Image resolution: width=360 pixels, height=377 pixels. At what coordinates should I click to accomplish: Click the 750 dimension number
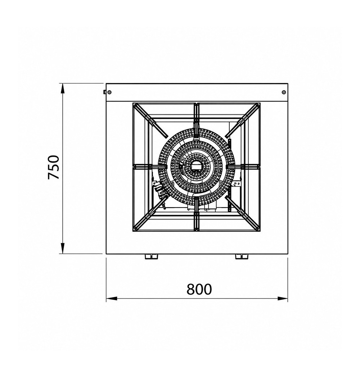(53, 167)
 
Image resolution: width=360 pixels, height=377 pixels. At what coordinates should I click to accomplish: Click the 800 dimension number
(199, 289)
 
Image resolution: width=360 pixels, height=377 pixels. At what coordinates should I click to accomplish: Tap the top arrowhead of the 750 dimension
(63, 88)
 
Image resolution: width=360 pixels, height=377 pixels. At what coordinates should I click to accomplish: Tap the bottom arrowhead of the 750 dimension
(63, 248)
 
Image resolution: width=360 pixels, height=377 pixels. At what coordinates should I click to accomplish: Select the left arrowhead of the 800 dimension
(111, 299)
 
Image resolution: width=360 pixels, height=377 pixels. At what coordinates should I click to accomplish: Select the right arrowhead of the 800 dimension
(283, 299)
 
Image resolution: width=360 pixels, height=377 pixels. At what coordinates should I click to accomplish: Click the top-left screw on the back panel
(109, 92)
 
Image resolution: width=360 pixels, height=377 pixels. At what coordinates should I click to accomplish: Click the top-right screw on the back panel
(284, 92)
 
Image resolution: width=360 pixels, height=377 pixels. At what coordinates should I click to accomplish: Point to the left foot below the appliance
(152, 256)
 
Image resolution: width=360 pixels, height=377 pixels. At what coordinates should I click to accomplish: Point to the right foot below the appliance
(242, 256)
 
